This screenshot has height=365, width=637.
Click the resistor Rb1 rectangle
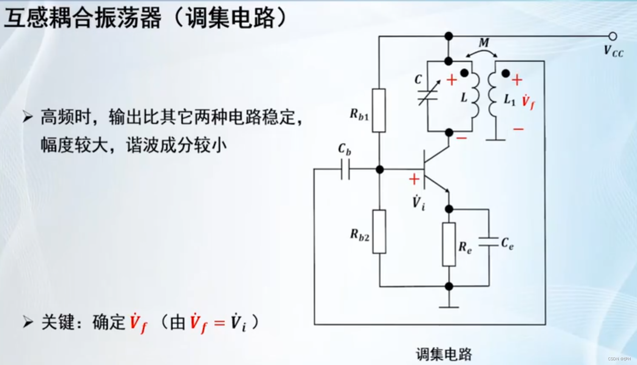[x=379, y=110]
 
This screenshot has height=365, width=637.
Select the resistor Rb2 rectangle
[x=379, y=232]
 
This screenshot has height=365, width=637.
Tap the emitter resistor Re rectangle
[x=449, y=244]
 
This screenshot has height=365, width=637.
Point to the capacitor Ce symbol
[x=489, y=242]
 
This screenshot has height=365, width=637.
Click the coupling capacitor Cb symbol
[x=345, y=170]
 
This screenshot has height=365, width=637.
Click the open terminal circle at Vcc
[x=612, y=36]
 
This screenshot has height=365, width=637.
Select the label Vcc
[x=613, y=51]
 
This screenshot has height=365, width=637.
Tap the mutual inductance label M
[x=484, y=42]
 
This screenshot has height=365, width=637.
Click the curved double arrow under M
[x=481, y=53]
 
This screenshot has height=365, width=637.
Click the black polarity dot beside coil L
[x=464, y=74]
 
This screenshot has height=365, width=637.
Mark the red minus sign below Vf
[x=518, y=129]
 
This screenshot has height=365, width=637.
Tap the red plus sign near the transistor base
[x=414, y=179]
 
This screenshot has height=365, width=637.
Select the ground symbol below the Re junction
[x=449, y=306]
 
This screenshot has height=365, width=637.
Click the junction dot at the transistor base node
[x=380, y=170]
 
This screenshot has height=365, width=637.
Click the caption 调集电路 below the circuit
[x=444, y=354]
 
